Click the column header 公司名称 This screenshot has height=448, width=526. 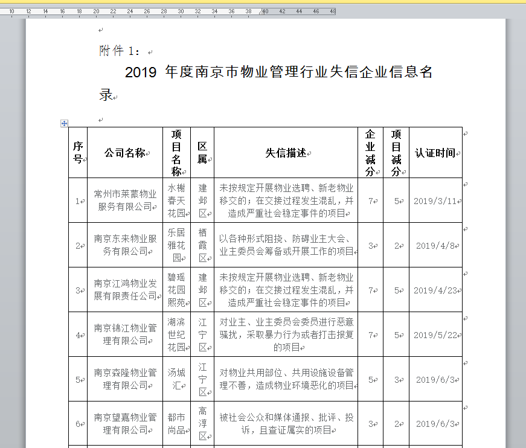pos(125,153)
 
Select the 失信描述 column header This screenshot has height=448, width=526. pos(286,153)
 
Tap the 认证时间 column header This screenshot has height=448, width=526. pos(435,153)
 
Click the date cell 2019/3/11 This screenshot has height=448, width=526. pos(435,201)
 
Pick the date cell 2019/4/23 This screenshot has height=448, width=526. pos(435,290)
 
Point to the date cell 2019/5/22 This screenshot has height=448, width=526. pos(435,335)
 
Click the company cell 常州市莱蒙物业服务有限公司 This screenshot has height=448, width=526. pos(125,200)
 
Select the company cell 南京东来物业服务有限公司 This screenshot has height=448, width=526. pos(125,245)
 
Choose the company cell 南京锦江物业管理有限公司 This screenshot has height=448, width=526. pos(125,334)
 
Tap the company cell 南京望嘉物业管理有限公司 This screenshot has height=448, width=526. pos(125,424)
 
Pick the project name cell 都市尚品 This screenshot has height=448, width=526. pos(176,424)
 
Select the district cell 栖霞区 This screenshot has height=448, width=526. pos(202,245)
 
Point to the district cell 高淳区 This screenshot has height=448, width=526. pos(202,424)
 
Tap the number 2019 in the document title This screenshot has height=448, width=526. pos(141,73)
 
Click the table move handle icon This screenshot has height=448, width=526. pos(64,123)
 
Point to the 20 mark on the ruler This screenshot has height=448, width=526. pos(96,11)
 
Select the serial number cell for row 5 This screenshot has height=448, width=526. pos(78,380)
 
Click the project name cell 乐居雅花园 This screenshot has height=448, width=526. pos(176,245)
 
